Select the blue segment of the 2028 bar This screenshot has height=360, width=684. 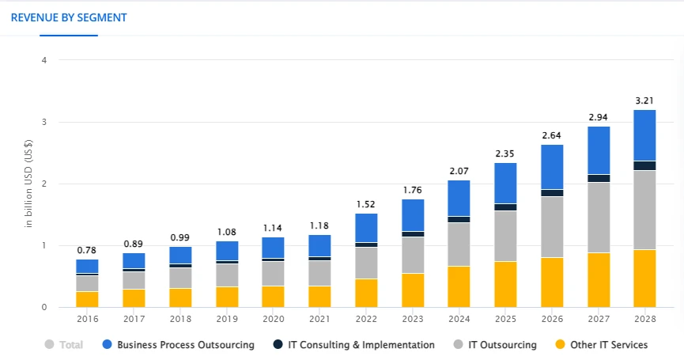coord(644,135)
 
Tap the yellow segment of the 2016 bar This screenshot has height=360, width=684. coord(87,299)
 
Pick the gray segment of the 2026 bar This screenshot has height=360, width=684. coord(551,226)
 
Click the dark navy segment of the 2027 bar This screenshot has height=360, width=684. coord(598,178)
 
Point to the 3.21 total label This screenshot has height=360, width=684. coord(644,100)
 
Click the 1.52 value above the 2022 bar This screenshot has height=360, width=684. coord(366,204)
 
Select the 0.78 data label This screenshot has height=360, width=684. coord(87,250)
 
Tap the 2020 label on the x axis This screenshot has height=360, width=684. coord(273,319)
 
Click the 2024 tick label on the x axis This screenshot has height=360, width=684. coord(459,319)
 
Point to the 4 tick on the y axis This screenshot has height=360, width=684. coord(44,60)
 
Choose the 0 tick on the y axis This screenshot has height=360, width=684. coord(44,307)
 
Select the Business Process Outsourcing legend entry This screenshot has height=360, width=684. coord(186,345)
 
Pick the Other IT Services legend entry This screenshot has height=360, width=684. coord(608,345)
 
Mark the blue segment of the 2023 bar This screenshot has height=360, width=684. coord(412,215)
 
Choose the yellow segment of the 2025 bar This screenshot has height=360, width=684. coord(505,284)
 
